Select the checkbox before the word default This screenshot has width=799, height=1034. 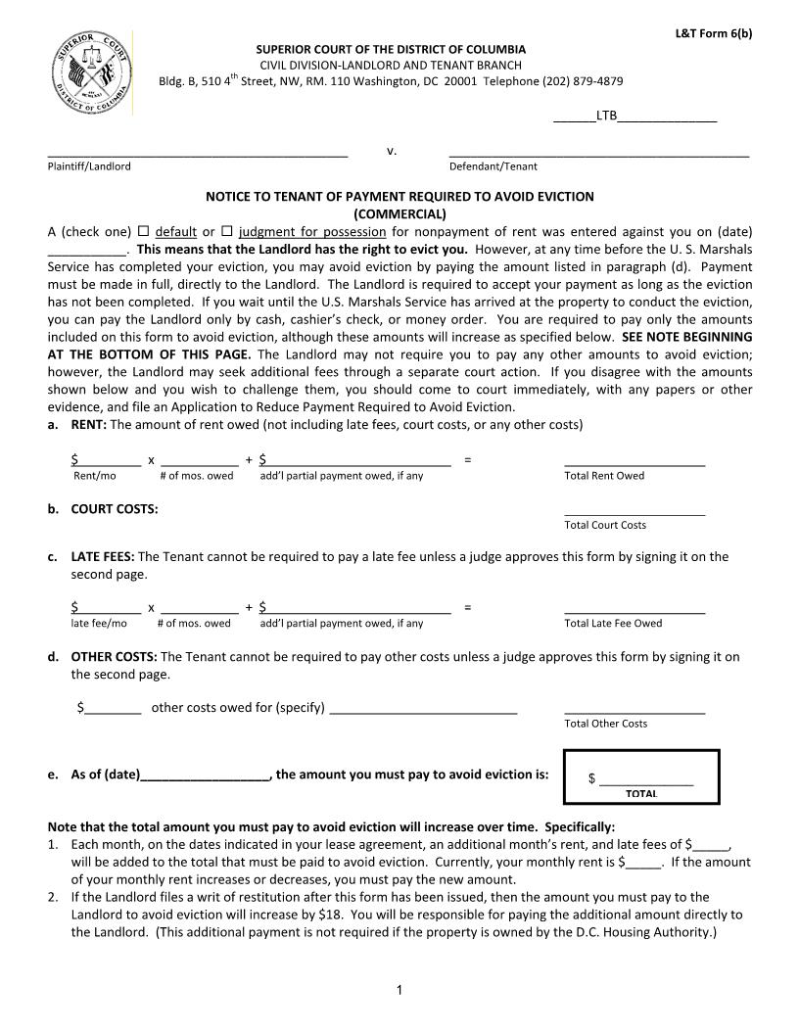[x=143, y=232]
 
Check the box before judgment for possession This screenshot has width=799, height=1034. [x=226, y=232]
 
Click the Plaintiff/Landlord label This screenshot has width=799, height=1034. [x=89, y=166]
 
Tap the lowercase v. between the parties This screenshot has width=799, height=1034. [x=392, y=151]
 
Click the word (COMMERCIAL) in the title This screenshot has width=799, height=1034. [x=399, y=213]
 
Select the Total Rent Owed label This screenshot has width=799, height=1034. [x=604, y=476]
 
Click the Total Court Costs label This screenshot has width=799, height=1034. [x=605, y=525]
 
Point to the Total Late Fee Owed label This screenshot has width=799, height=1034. [x=613, y=623]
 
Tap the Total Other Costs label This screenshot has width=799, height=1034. [x=606, y=724]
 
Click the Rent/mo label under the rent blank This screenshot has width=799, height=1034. [x=94, y=476]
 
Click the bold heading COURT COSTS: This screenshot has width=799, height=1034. [x=115, y=509]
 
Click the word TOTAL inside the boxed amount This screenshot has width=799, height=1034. [x=641, y=793]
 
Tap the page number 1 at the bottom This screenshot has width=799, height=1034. [x=399, y=992]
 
